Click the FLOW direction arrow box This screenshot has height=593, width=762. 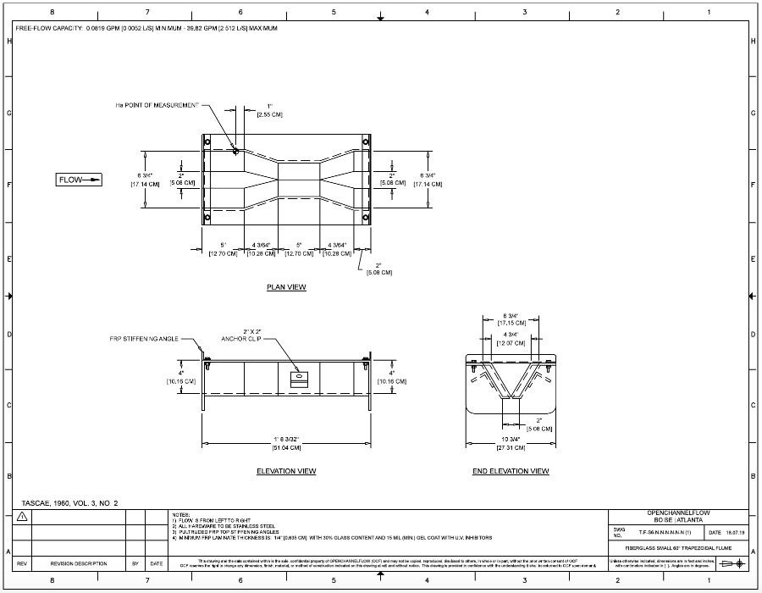[x=80, y=179]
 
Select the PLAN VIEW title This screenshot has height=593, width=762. [x=286, y=287]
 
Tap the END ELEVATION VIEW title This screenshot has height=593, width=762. [x=510, y=471]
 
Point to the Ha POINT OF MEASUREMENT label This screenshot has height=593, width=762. [x=157, y=106]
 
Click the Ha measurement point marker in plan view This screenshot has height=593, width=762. [x=235, y=151]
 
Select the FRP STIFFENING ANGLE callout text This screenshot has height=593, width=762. [x=144, y=338]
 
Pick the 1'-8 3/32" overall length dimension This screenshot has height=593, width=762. [x=285, y=439]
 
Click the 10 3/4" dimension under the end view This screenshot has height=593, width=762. [x=510, y=439]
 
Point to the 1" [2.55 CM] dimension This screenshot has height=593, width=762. [x=269, y=110]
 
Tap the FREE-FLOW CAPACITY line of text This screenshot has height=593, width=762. [x=146, y=29]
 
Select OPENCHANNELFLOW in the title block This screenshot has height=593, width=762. [x=679, y=513]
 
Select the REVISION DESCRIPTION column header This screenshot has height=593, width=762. [x=78, y=563]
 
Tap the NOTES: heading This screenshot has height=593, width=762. [x=180, y=513]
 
